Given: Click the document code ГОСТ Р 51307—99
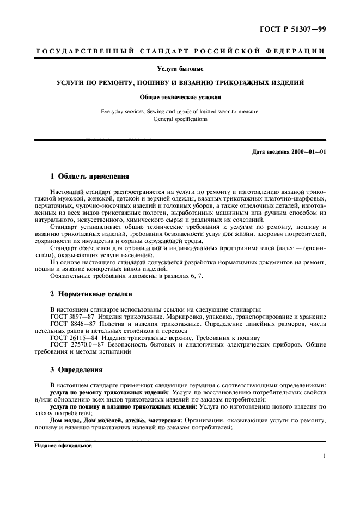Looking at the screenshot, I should [x=294, y=28].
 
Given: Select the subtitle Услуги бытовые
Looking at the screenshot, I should [x=180, y=69].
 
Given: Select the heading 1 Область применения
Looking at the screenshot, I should [x=89, y=177].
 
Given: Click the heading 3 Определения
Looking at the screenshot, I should [x=76, y=370].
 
